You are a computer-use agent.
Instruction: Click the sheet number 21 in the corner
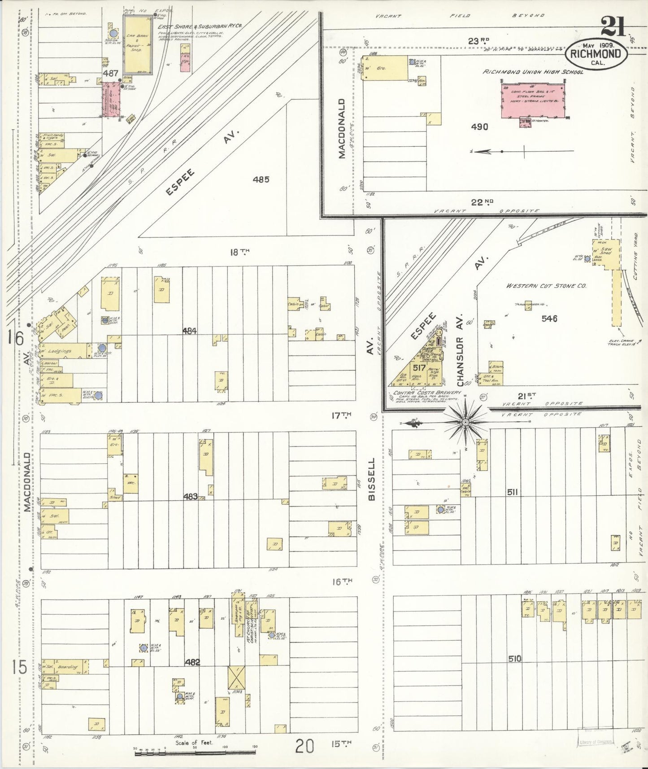coord(613,26)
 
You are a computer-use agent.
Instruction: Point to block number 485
coord(261,179)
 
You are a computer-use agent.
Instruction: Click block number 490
coord(479,127)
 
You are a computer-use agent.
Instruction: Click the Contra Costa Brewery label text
coord(426,392)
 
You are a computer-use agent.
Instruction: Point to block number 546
coord(549,319)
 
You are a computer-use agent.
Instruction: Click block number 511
coord(513,492)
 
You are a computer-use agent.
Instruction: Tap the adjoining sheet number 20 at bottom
coord(304,747)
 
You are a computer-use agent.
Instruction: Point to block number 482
coord(191,662)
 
